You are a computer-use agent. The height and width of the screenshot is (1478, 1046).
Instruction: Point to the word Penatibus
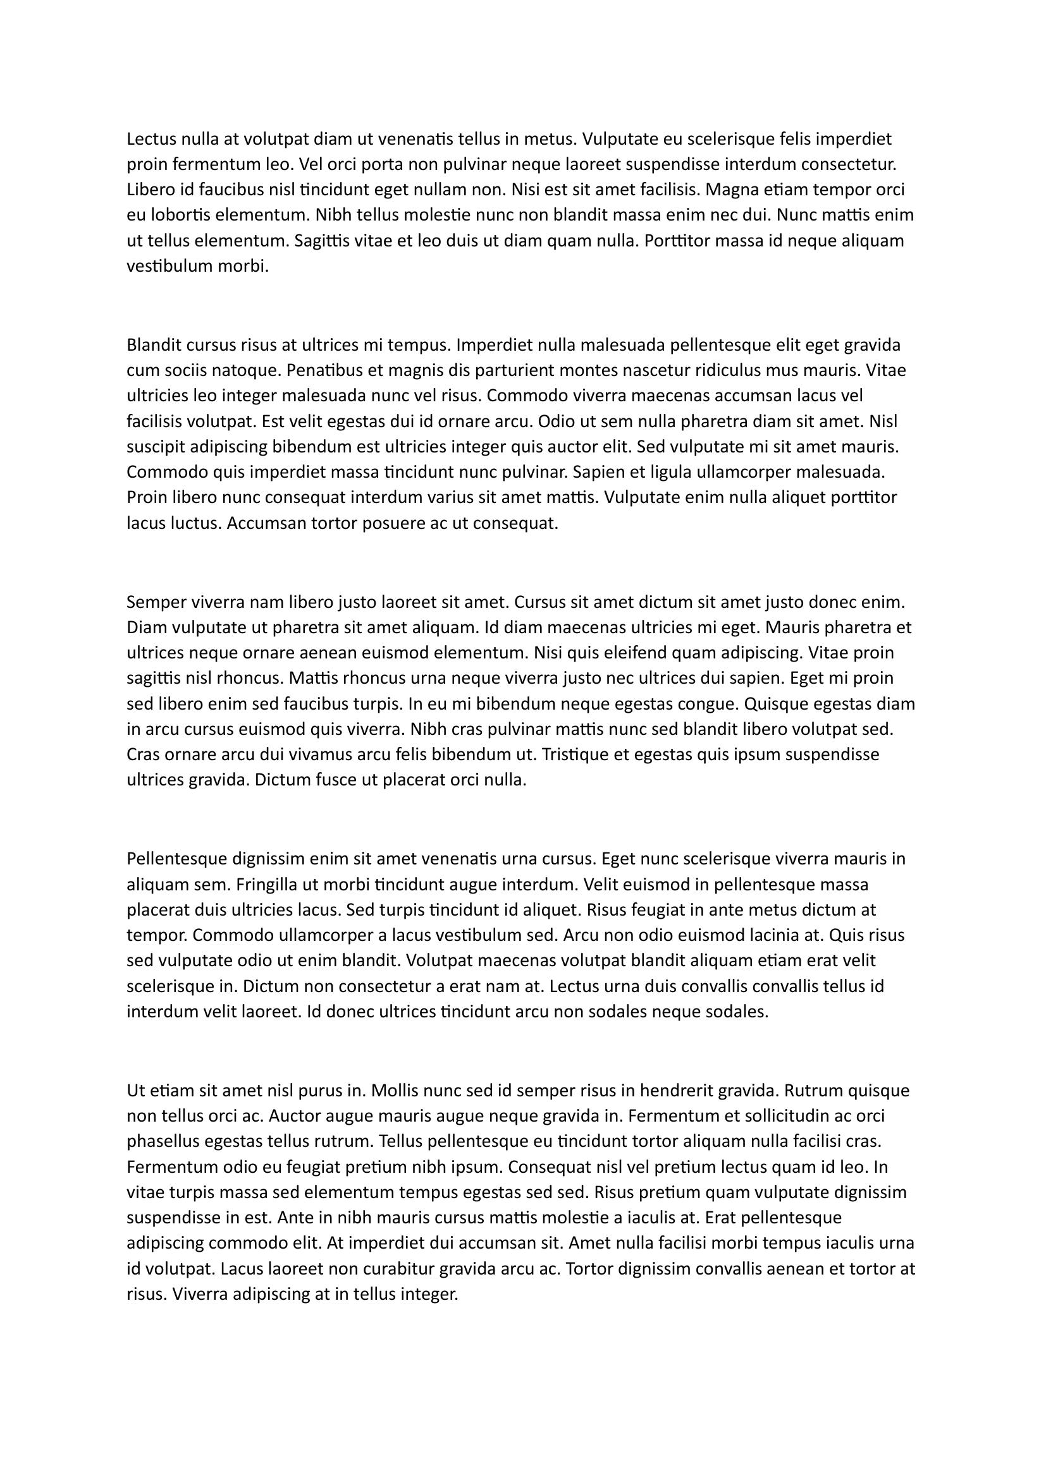[320, 371]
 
